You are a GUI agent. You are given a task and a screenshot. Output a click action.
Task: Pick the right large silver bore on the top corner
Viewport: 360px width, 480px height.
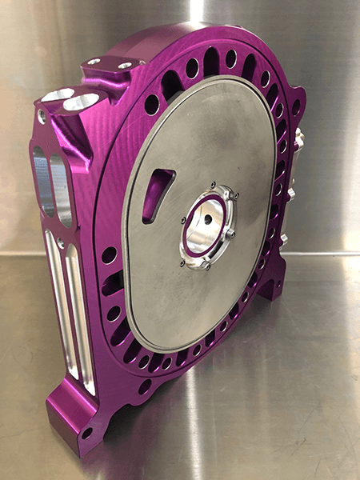point(82,102)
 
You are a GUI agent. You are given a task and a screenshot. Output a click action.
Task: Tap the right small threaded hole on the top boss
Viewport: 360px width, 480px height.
point(125,65)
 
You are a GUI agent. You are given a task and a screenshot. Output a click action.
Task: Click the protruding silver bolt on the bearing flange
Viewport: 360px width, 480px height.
point(230,233)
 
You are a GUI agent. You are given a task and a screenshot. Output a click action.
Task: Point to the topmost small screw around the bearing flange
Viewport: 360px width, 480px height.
point(212,187)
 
